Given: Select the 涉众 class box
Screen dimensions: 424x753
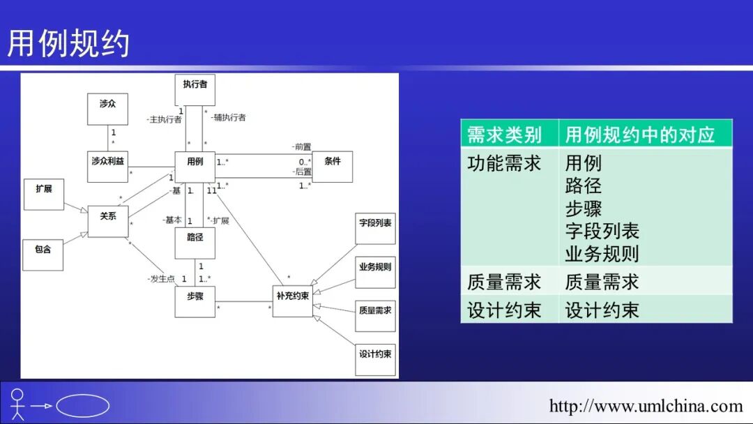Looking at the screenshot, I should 107,108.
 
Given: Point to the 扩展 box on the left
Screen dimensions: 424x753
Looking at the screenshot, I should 43,193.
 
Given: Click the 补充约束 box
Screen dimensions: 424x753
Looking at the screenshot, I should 292,301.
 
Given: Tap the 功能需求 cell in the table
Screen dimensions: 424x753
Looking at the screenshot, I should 504,163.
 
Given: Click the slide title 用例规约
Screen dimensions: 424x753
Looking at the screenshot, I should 68,43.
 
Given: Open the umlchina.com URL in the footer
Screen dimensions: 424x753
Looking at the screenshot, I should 646,406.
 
